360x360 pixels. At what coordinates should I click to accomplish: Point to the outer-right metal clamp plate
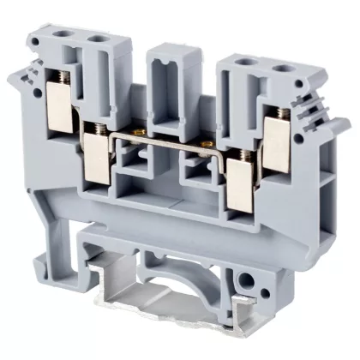pyautogui.click(x=279, y=137)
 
